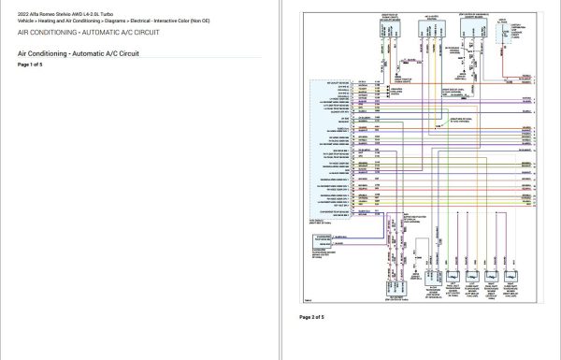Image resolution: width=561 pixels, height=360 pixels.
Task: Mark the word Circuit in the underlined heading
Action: coord(126,53)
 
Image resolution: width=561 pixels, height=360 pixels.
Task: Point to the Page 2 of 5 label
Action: coord(312,317)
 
